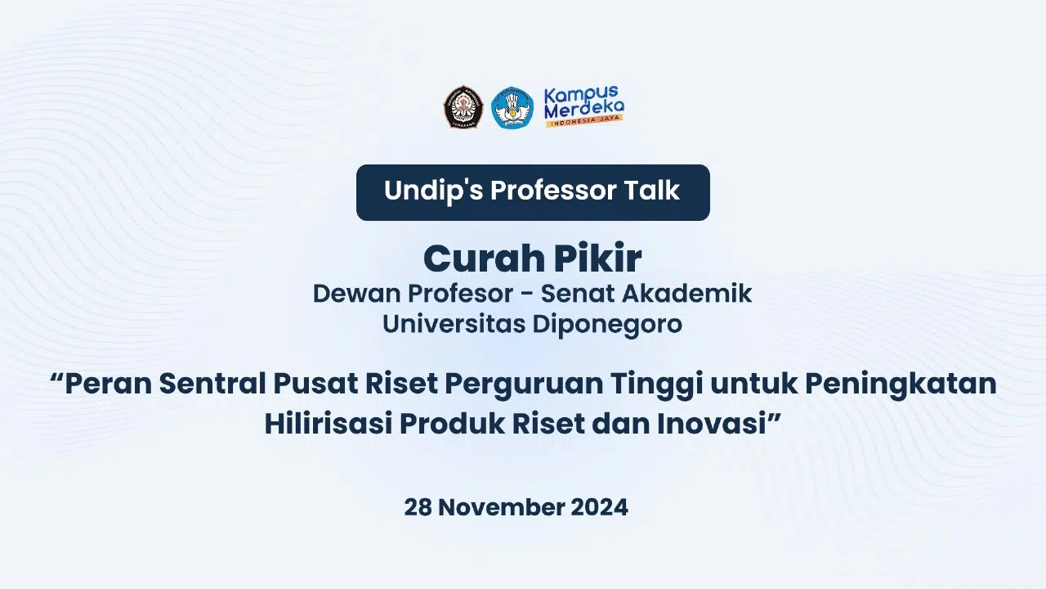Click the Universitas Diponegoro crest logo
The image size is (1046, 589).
463,106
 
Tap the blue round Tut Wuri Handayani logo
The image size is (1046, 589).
512,108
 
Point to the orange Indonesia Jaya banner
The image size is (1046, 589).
584,120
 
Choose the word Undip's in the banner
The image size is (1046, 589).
433,191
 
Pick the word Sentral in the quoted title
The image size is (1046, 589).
212,384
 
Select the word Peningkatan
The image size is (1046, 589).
901,384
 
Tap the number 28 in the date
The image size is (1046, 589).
418,507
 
